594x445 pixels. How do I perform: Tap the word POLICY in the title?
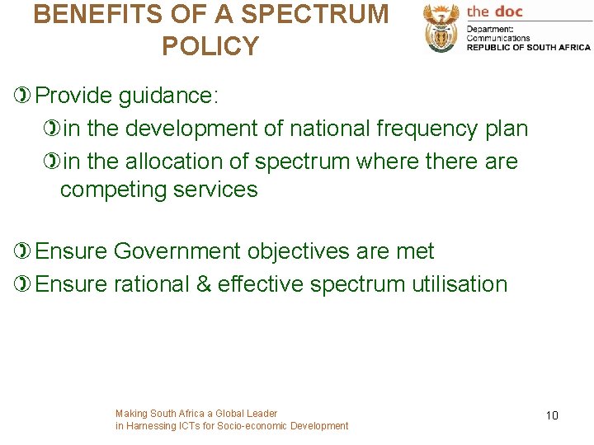click(210, 46)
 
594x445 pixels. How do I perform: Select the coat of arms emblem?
click(441, 28)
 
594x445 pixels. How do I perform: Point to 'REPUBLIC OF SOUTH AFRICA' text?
click(528, 47)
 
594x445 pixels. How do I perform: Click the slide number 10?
click(552, 415)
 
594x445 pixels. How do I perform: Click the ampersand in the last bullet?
click(203, 284)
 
